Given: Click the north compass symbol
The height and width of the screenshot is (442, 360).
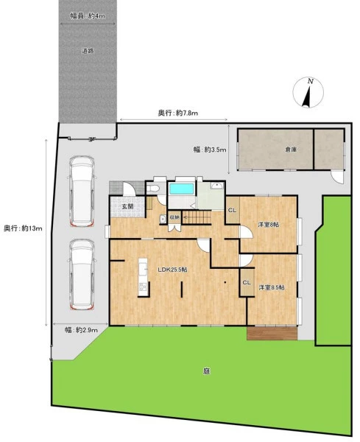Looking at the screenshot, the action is click(x=308, y=93).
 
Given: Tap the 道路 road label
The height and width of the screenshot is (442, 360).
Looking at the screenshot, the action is click(x=88, y=51).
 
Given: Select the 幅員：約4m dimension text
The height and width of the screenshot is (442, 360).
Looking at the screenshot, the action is click(x=88, y=15).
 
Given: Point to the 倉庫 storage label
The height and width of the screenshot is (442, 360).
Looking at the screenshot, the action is click(x=290, y=150).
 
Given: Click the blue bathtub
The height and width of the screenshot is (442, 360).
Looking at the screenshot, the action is click(x=182, y=189).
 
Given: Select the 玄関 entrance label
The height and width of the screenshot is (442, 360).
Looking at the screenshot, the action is click(x=127, y=206).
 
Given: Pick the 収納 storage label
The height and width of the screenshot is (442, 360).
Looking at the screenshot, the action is click(x=174, y=217).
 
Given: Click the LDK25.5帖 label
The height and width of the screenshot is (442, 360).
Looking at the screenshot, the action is click(x=172, y=270).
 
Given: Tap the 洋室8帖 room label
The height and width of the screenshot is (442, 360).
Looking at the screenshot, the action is click(x=269, y=225).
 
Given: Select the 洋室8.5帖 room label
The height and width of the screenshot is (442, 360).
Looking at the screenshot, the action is click(x=272, y=287).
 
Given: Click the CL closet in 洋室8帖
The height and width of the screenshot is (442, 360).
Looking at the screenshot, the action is click(x=233, y=210).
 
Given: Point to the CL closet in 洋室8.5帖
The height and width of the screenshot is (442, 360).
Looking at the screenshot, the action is click(x=247, y=282).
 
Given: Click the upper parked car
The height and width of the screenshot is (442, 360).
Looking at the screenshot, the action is click(x=82, y=192).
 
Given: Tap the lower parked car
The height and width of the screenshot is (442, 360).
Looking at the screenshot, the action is click(x=82, y=274).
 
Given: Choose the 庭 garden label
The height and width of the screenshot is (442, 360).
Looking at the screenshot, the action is click(x=206, y=371).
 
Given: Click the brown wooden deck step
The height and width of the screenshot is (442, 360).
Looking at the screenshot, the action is click(x=272, y=334).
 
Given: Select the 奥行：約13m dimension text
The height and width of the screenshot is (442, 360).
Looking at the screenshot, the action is click(x=23, y=228).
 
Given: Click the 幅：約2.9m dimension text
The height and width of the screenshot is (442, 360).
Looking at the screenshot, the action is click(x=82, y=330).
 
